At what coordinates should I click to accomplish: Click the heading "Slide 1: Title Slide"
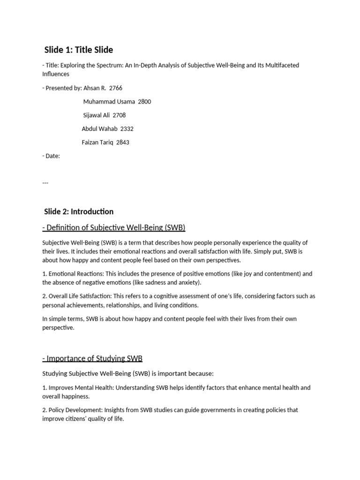point(78,50)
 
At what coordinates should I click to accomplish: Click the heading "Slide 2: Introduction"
point(78,211)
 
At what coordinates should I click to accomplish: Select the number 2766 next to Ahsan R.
point(115,88)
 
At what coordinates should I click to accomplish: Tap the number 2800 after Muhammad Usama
point(144,101)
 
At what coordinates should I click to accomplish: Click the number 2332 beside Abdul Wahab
point(127,128)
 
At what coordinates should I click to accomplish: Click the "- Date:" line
point(51,156)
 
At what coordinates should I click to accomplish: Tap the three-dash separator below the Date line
point(45,182)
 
